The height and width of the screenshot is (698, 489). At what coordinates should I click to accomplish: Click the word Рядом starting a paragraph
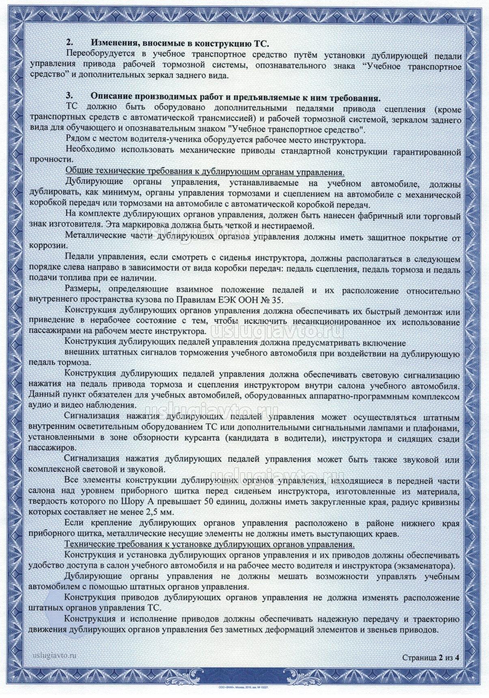click(77, 140)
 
